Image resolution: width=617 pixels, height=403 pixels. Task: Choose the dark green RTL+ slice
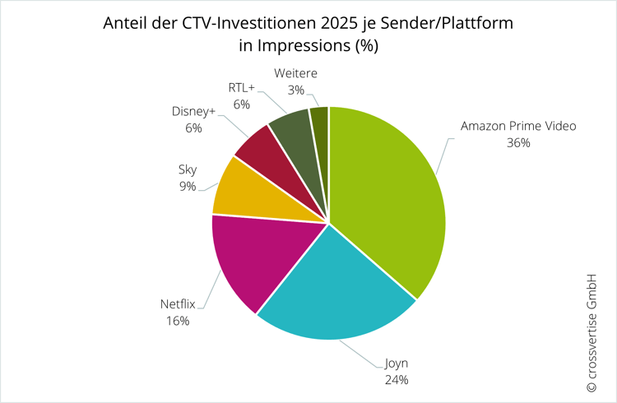[292, 132]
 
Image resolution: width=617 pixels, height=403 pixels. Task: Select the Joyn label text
[396, 364]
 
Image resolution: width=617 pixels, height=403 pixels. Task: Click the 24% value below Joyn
[396, 380]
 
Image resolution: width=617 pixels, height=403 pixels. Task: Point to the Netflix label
[179, 304]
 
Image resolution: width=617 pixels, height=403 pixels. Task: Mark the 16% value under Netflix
[179, 321]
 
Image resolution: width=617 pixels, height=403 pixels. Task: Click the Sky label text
[187, 169]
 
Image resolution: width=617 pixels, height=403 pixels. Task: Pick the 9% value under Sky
[187, 186]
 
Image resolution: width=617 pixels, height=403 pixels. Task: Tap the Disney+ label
[193, 111]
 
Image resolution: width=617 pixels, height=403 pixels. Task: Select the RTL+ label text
[241, 87]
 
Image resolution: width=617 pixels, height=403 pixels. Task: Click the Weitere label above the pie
[296, 73]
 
